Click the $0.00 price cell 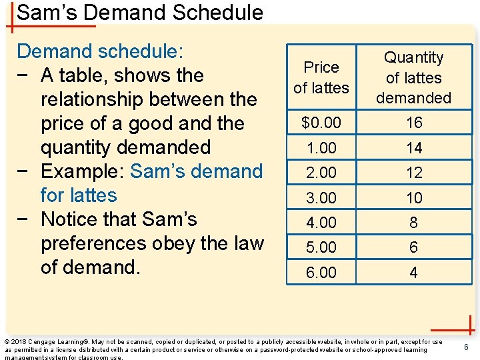pyautogui.click(x=321, y=123)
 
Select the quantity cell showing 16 pyautogui.click(x=414, y=123)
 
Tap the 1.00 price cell pyautogui.click(x=321, y=147)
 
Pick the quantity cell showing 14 pyautogui.click(x=414, y=147)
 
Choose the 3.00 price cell pyautogui.click(x=321, y=197)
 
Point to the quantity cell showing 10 pyautogui.click(x=414, y=197)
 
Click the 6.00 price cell pyautogui.click(x=321, y=272)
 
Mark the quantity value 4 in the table pyautogui.click(x=414, y=272)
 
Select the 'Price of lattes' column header pyautogui.click(x=321, y=77)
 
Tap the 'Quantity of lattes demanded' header pyautogui.click(x=414, y=77)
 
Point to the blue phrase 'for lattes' pyautogui.click(x=79, y=195)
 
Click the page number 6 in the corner pyautogui.click(x=467, y=347)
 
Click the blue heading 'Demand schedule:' pyautogui.click(x=101, y=51)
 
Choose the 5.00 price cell pyautogui.click(x=321, y=247)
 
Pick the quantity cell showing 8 pyautogui.click(x=414, y=222)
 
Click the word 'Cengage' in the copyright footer pyautogui.click(x=43, y=342)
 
